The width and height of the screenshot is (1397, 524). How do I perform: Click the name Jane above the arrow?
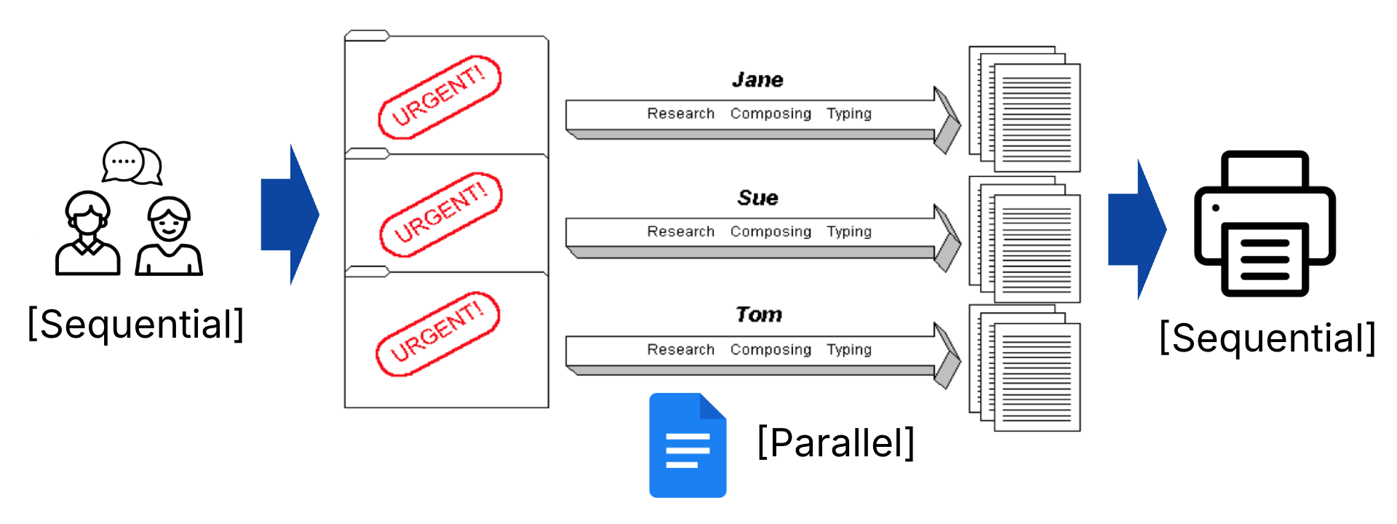757,80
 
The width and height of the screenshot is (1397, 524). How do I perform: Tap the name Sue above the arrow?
757,198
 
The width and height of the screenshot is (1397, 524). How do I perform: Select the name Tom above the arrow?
758,314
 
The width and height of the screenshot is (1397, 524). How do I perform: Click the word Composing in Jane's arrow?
771,114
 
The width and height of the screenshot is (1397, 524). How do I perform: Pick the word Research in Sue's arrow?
681,231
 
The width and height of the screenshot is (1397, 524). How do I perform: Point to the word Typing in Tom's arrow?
848,349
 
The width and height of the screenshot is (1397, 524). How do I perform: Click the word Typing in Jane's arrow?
848,114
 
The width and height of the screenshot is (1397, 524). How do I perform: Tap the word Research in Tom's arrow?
681,349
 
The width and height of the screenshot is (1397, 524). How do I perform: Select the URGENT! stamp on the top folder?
439,97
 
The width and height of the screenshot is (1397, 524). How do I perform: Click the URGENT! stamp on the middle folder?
441,215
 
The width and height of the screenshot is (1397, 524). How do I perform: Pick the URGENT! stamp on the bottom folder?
438,334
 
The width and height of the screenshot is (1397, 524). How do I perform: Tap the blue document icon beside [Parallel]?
688,445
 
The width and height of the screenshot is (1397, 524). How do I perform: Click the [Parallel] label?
836,442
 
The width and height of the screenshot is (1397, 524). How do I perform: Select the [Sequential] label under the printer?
1267,338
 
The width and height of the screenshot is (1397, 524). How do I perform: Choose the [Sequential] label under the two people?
135,325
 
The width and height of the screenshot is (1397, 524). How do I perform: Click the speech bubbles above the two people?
132,162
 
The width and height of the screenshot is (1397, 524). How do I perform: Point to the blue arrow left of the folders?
290,215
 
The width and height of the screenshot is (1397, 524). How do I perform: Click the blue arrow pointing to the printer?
1137,229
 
